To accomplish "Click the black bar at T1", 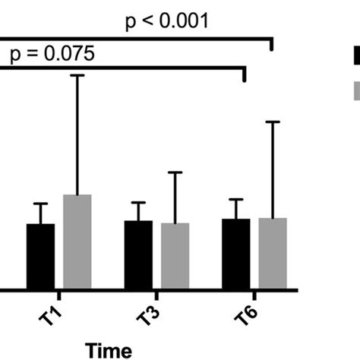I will [x=40, y=256].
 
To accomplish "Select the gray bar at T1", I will [x=77, y=242].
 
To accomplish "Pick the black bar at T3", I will [x=138, y=254].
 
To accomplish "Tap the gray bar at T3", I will [x=175, y=256].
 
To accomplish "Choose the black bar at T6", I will [x=236, y=254].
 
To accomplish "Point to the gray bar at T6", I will [x=273, y=253].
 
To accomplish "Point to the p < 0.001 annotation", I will [x=166, y=20].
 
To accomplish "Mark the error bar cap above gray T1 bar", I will [x=77, y=75].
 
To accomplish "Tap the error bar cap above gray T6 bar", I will [x=273, y=122].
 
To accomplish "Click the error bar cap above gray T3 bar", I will [x=175, y=172].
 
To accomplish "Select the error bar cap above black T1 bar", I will [x=40, y=204].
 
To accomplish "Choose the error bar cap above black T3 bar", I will [x=138, y=203].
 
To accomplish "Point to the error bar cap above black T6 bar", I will [x=236, y=200].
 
